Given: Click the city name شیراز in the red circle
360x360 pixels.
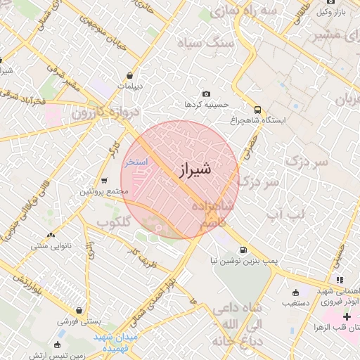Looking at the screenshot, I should (x=190, y=169).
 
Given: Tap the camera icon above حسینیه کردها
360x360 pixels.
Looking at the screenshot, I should (x=206, y=94).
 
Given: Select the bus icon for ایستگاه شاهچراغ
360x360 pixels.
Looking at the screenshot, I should (x=258, y=110).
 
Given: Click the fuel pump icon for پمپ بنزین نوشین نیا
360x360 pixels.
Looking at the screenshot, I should (x=243, y=250).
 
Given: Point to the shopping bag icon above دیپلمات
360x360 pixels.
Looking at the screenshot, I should (x=130, y=75).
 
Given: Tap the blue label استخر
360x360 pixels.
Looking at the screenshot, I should (x=136, y=162).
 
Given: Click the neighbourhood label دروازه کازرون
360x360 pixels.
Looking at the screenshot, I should (x=105, y=112).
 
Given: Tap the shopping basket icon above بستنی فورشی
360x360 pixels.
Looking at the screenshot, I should (x=82, y=309).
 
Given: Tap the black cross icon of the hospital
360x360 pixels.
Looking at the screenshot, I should (x=347, y=317).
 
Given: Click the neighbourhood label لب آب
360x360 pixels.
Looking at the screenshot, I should (x=285, y=213).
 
